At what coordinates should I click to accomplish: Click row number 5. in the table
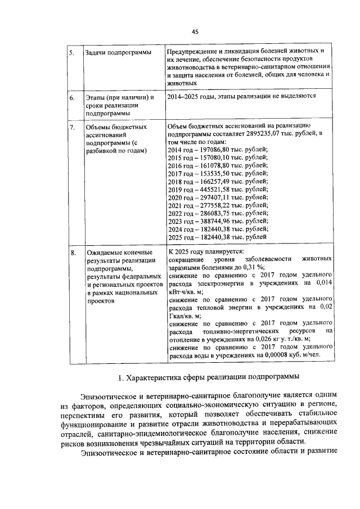71,53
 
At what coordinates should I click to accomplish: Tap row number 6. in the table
71,97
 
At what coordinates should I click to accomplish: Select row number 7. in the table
71,127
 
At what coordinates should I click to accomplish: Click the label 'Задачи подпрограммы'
118,53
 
